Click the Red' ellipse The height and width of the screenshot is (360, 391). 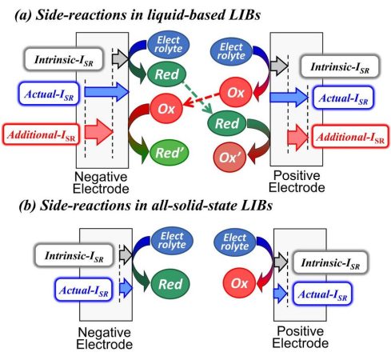[x=169, y=153]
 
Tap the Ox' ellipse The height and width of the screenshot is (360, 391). [x=229, y=158]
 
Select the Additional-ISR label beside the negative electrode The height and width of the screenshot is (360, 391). [x=42, y=134]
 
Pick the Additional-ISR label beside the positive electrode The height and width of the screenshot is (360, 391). [x=350, y=137]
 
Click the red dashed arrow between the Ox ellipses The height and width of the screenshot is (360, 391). [x=201, y=99]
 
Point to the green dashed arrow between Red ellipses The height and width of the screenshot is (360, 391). [x=197, y=98]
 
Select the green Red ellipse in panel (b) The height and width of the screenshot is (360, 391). [x=170, y=284]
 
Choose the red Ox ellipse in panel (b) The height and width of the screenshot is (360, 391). [x=239, y=283]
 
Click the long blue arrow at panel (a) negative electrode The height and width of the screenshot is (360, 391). [x=106, y=92]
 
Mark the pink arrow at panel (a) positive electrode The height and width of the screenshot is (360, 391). [x=298, y=138]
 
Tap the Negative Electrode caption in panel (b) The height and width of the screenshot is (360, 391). [x=105, y=338]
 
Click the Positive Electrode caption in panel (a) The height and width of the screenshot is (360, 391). [x=297, y=182]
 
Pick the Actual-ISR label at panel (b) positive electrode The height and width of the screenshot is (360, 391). [x=322, y=294]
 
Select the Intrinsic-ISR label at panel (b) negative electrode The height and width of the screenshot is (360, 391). [x=74, y=255]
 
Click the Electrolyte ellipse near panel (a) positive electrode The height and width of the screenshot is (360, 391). [x=231, y=51]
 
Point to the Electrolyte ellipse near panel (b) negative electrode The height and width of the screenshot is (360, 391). [x=172, y=240]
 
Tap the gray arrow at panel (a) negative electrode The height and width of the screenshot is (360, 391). [x=121, y=58]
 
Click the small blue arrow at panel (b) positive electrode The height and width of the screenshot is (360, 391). [x=281, y=294]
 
